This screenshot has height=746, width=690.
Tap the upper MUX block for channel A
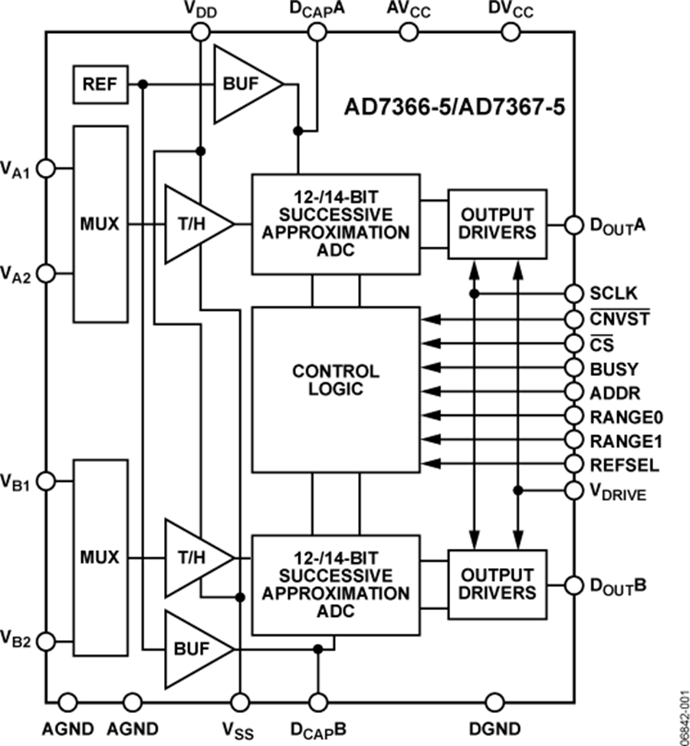tap(100, 224)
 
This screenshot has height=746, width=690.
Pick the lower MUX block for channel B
tap(100, 557)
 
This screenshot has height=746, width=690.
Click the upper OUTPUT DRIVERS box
tap(498, 223)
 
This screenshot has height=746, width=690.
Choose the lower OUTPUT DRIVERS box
tap(498, 584)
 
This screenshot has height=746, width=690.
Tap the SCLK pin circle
tap(574, 293)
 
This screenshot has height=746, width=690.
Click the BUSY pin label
tap(613, 368)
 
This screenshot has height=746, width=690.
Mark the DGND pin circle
tap(494, 701)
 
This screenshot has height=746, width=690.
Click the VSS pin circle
tap(241, 701)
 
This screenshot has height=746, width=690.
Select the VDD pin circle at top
tap(200, 31)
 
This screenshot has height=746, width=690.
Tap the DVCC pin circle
tap(511, 31)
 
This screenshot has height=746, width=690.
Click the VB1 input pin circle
tap(46, 481)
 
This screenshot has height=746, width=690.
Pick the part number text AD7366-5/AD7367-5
tap(455, 107)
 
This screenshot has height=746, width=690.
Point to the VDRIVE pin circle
tap(574, 490)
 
